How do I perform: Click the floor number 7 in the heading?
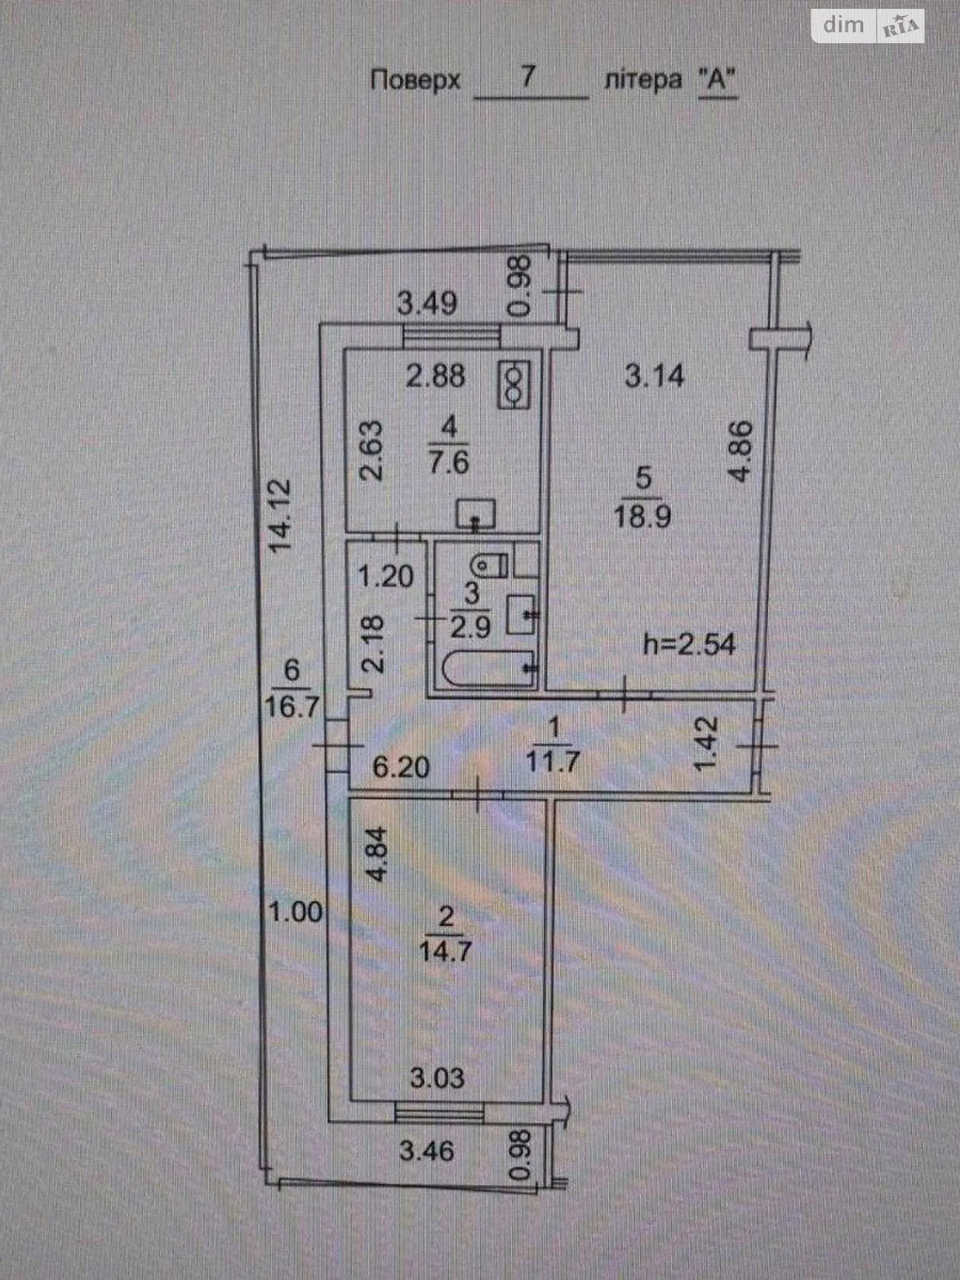(x=528, y=77)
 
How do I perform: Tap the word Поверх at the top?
(x=415, y=81)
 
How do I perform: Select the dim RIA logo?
(x=868, y=26)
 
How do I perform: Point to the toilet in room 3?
(x=490, y=566)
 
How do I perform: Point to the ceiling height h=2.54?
(x=690, y=643)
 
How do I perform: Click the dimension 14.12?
(x=280, y=516)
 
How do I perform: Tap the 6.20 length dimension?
(x=402, y=767)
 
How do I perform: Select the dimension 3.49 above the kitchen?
(x=428, y=303)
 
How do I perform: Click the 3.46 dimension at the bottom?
(x=427, y=1151)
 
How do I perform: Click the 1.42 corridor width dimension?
(x=709, y=744)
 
